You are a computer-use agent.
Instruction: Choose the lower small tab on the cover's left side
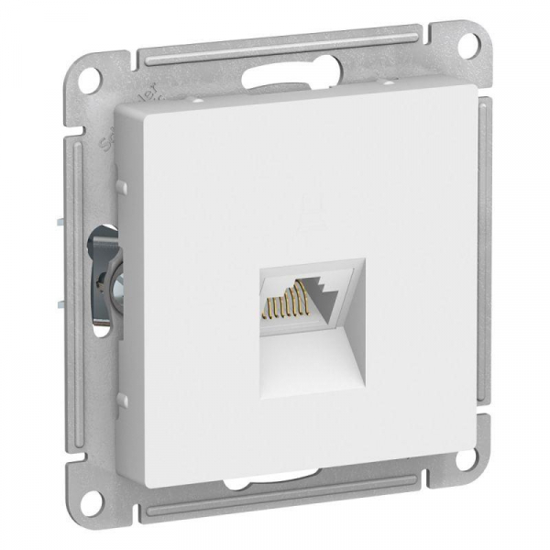(x=119, y=399)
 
